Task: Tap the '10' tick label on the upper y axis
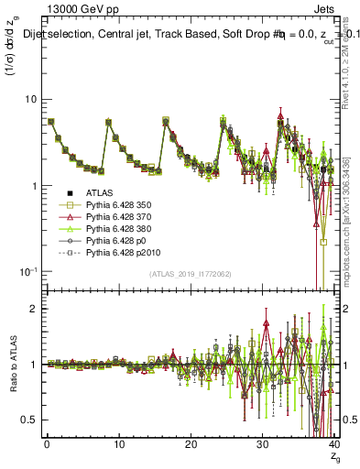click(28, 99)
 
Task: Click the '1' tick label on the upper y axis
click(31, 186)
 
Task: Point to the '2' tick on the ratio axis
click(31, 309)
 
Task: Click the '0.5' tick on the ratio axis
click(27, 420)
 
